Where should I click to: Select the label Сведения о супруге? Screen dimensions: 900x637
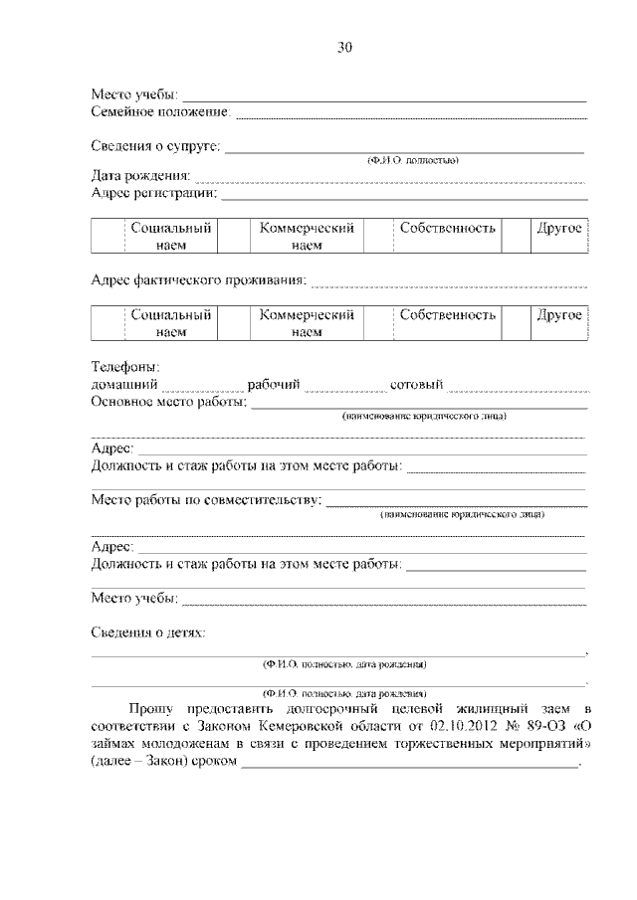click(154, 146)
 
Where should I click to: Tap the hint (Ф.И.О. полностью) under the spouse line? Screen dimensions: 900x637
click(412, 160)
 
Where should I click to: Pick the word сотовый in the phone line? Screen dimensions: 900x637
click(417, 385)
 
